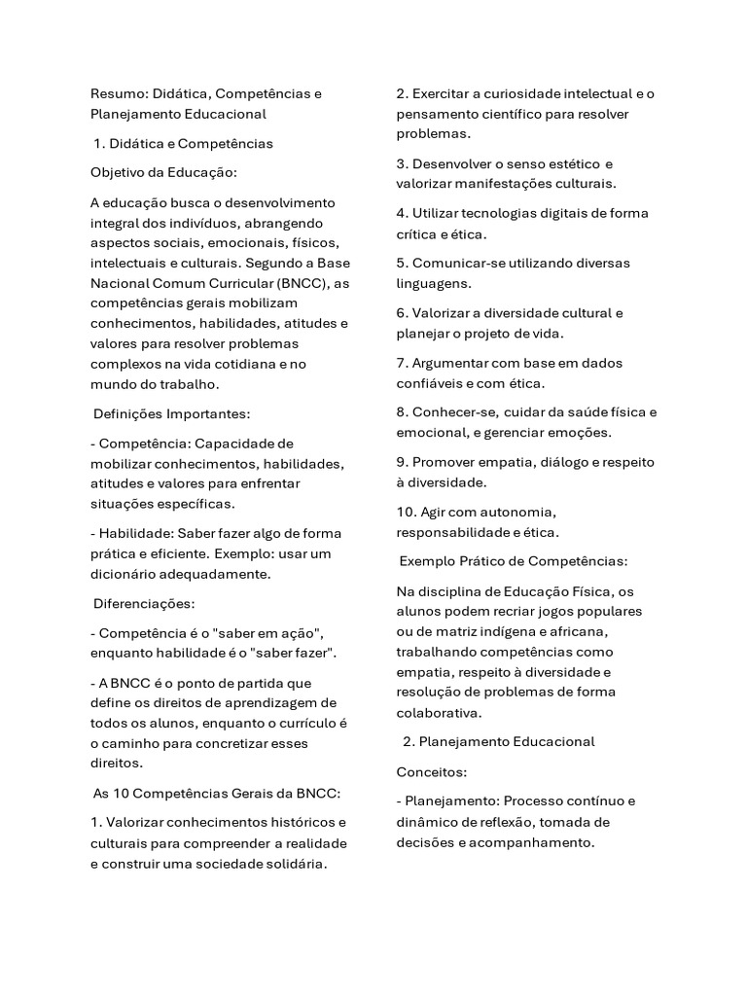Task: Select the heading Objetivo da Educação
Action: coord(150,173)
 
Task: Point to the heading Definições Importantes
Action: coord(171,414)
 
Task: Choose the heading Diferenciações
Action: coord(144,603)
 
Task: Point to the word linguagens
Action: coord(434,283)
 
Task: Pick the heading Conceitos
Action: coord(432,772)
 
